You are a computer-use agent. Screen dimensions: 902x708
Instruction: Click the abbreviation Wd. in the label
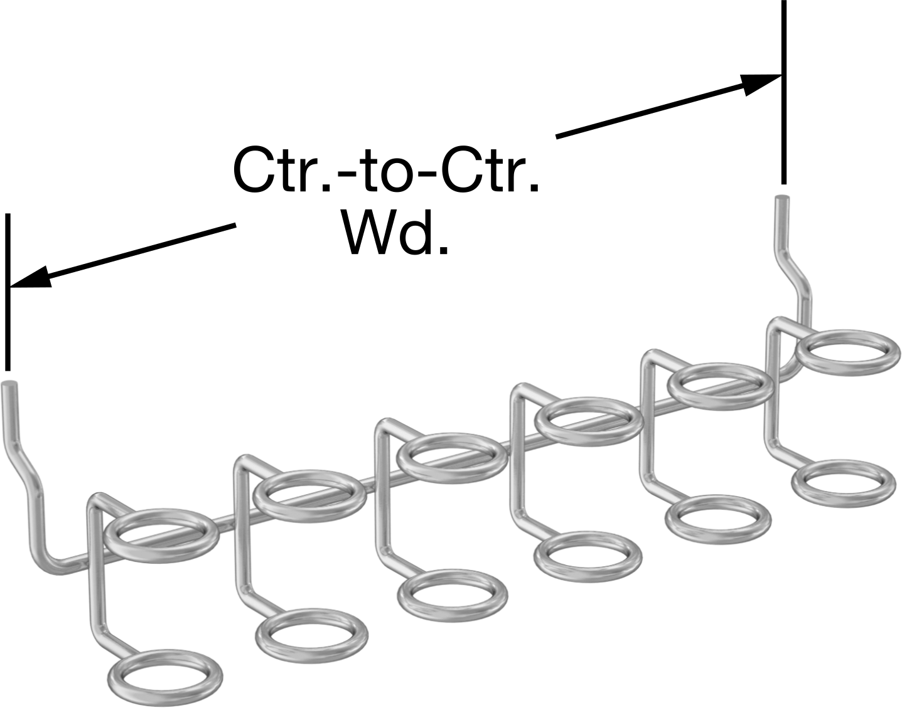395,235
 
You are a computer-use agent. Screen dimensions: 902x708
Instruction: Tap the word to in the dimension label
387,173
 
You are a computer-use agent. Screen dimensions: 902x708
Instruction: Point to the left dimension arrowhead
29,277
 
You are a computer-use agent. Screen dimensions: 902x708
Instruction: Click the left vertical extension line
8,292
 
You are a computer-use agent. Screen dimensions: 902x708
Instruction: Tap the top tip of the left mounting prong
10,383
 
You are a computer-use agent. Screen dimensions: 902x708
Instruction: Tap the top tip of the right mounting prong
783,198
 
